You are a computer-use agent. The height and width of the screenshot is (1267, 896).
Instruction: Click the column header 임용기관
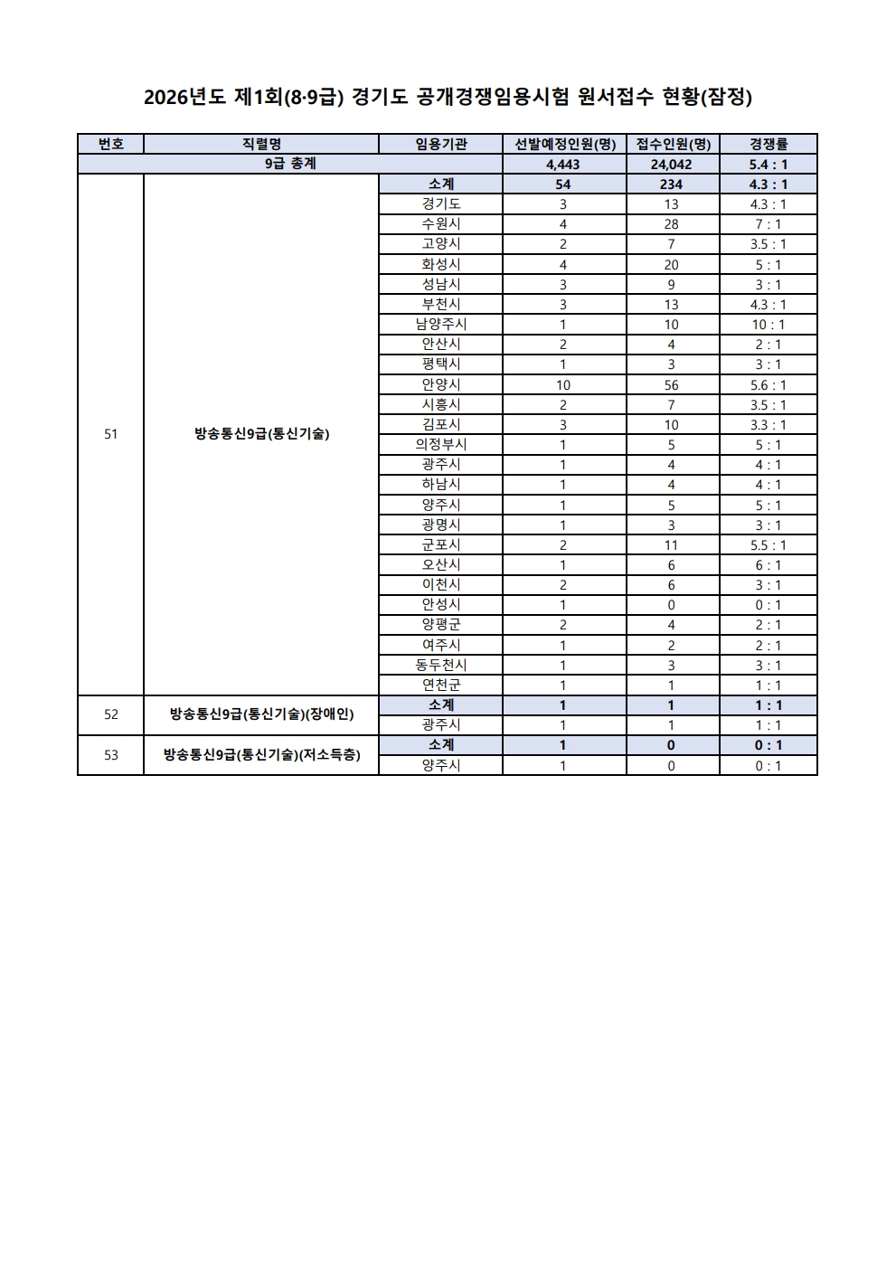coord(440,144)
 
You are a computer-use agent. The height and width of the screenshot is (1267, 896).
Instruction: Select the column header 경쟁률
coord(768,144)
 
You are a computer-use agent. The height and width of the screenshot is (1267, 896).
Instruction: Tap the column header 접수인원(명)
coord(673,144)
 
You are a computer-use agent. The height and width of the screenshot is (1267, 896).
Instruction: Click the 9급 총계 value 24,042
coord(671,165)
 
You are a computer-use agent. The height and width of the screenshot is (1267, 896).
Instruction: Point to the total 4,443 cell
coord(562,165)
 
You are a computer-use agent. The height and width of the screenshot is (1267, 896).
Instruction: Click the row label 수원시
coord(440,223)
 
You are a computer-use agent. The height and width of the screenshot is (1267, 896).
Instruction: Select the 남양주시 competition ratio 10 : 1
coord(768,325)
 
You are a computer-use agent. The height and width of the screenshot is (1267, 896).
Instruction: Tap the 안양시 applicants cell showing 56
coord(671,384)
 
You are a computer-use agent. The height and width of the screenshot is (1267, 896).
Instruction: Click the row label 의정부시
coord(440,444)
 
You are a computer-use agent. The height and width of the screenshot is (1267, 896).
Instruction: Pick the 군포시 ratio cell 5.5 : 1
coord(768,545)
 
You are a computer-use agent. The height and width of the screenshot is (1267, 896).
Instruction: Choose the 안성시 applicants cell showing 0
coord(671,605)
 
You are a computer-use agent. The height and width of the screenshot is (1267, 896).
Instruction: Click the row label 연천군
coord(440,685)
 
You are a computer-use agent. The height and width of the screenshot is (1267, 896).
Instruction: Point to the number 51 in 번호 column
coord(110,434)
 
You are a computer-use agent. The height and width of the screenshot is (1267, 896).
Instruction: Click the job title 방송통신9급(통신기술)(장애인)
coord(262,714)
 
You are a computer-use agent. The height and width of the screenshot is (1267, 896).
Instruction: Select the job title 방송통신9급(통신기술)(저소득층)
coord(262,754)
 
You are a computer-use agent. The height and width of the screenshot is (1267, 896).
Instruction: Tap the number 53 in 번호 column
coord(110,754)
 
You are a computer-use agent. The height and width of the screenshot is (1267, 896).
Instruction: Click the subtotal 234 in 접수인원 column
coord(671,184)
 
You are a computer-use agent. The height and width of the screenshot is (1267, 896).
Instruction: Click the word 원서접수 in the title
coord(612,97)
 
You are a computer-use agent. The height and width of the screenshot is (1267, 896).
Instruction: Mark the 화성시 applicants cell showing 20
coord(671,265)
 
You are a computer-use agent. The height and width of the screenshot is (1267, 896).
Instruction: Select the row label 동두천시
coord(440,665)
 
